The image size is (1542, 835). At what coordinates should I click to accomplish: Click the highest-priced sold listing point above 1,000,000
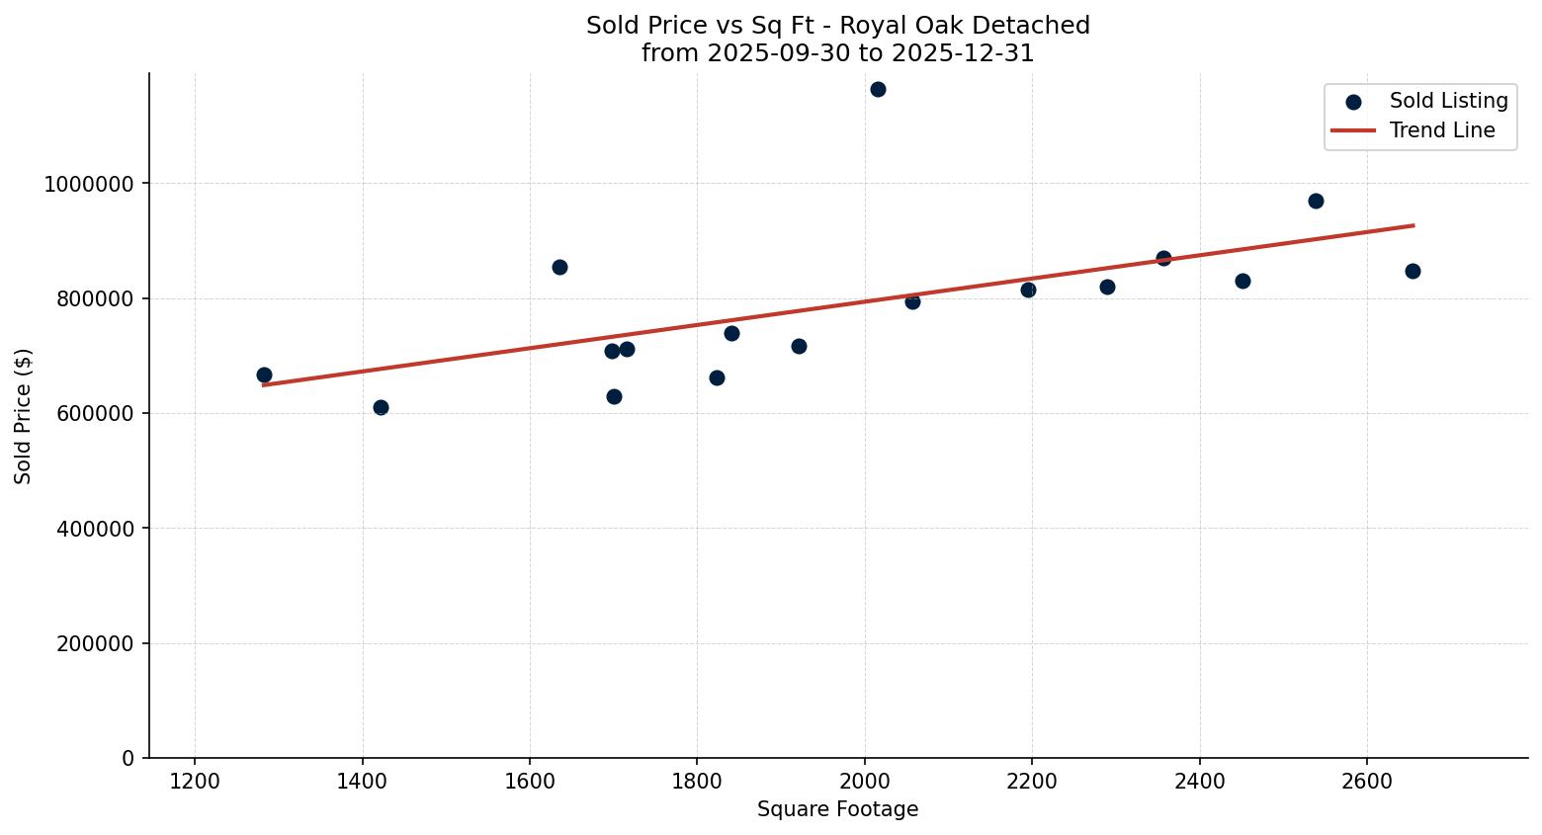click(x=878, y=89)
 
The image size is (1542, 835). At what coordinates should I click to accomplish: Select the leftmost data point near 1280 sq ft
click(x=264, y=375)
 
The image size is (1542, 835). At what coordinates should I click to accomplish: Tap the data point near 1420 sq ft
click(x=381, y=407)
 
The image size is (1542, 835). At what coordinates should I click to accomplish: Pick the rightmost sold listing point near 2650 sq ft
click(x=1413, y=271)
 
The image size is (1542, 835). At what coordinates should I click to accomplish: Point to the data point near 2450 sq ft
click(x=1242, y=281)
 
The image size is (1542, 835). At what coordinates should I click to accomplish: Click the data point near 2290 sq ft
click(x=1107, y=287)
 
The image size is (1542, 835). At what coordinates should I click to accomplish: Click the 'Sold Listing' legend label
click(x=1448, y=101)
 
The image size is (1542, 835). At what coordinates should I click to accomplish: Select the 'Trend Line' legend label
click(x=1441, y=130)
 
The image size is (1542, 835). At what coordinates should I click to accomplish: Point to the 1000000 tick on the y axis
click(x=89, y=184)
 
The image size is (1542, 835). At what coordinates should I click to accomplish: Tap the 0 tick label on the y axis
click(x=128, y=758)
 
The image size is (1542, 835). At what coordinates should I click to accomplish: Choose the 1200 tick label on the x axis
click(x=195, y=782)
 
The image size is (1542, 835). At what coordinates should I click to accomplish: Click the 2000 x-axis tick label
click(x=865, y=782)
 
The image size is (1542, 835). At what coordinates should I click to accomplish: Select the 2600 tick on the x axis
click(x=1367, y=782)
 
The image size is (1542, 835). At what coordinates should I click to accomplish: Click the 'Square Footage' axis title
click(x=837, y=810)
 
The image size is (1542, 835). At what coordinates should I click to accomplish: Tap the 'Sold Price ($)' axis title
click(x=24, y=416)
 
